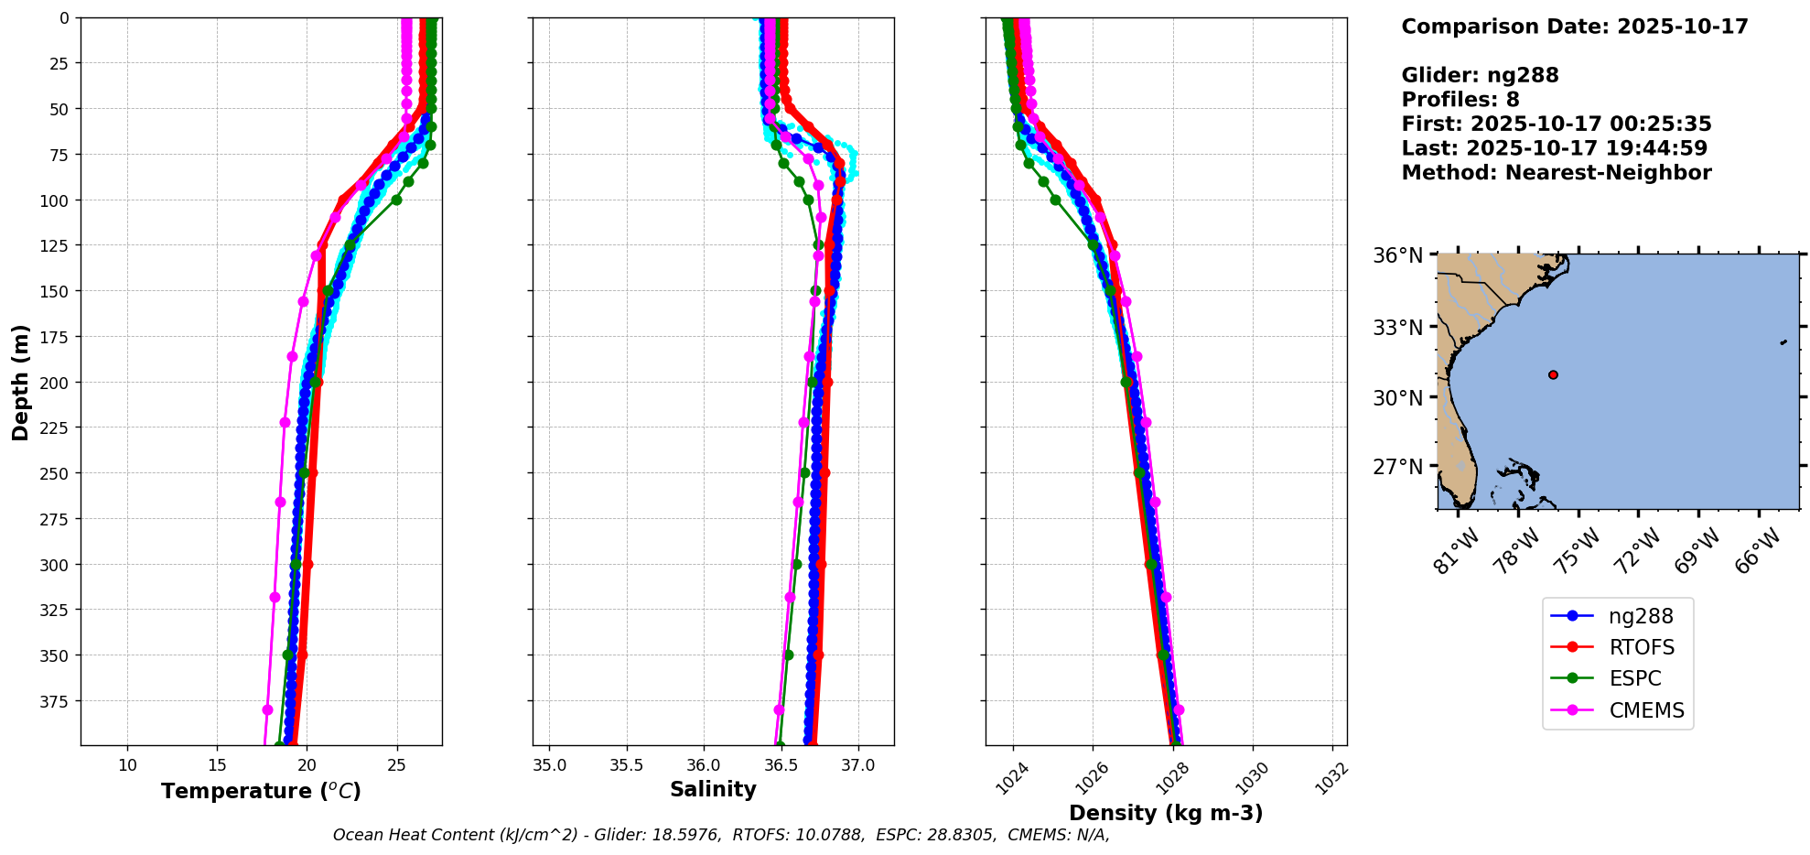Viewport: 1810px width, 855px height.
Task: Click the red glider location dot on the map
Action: click(x=1553, y=374)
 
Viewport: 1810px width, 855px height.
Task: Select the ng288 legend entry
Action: click(x=1640, y=616)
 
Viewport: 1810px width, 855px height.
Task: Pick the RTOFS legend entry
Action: click(x=1641, y=647)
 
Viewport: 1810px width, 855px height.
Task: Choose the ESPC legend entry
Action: click(x=1634, y=678)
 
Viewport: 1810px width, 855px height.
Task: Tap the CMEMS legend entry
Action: click(x=1645, y=710)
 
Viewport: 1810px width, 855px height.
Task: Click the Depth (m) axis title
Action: click(x=20, y=382)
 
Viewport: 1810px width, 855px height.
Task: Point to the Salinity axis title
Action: click(x=713, y=789)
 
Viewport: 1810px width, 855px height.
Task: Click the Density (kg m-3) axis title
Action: click(x=1165, y=813)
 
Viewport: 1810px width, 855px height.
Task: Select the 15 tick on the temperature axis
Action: click(x=217, y=765)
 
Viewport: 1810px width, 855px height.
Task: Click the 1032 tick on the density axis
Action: click(x=1333, y=778)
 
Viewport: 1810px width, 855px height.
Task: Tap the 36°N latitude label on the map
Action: click(x=1397, y=255)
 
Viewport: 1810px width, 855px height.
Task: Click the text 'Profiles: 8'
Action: click(x=1460, y=100)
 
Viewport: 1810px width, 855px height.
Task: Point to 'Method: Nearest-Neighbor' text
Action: click(x=1556, y=173)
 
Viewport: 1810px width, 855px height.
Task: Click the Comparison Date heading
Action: click(x=1574, y=27)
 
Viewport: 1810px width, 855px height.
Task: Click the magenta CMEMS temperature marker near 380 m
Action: click(x=267, y=709)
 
